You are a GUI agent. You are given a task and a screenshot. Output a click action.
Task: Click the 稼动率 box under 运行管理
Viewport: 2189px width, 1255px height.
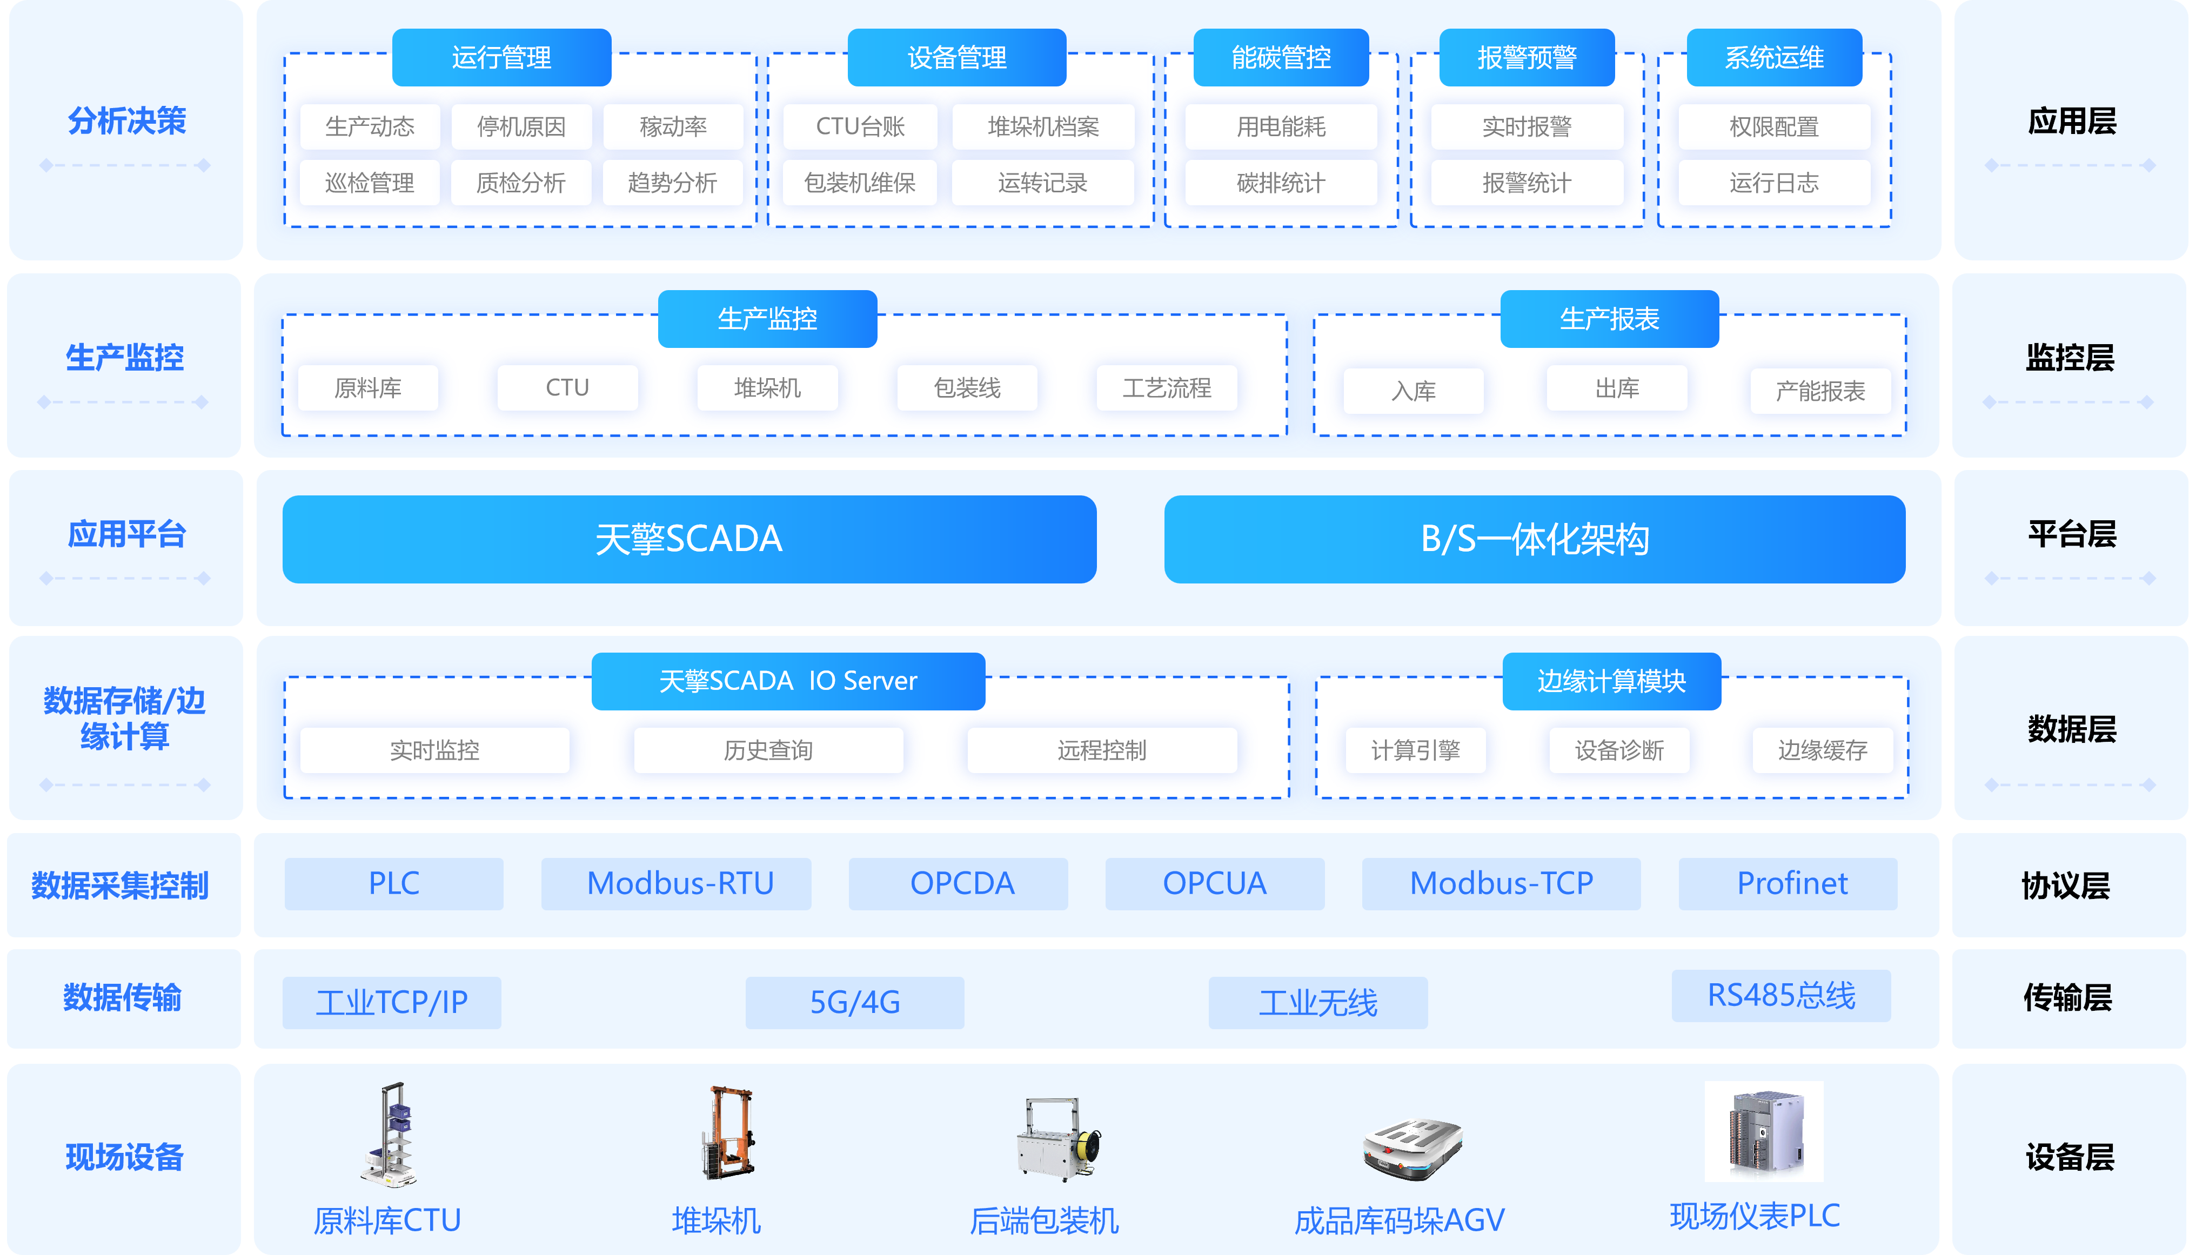[672, 127]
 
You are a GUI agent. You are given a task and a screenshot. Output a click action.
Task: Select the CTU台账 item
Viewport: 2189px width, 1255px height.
[860, 127]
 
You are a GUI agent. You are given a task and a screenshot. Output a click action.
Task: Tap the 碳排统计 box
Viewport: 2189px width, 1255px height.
[1280, 183]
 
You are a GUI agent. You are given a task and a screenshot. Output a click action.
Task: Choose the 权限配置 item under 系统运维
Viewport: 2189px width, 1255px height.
[1773, 127]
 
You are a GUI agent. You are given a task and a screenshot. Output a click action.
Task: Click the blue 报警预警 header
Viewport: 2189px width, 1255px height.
[1527, 57]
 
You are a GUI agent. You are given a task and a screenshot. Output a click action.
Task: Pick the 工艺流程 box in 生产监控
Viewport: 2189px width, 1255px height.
[1167, 388]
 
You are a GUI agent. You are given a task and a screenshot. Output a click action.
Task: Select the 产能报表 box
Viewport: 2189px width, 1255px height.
[1820, 391]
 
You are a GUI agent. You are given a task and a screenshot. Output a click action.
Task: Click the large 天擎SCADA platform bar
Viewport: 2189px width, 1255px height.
[689, 539]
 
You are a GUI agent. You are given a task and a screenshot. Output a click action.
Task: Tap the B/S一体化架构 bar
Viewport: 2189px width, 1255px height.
[1535, 539]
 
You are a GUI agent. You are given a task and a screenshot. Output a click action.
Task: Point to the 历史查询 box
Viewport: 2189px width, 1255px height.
[768, 750]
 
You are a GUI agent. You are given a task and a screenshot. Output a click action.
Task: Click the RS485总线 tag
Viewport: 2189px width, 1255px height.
[1781, 996]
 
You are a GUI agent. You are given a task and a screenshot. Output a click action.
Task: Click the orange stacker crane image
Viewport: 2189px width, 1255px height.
[728, 1132]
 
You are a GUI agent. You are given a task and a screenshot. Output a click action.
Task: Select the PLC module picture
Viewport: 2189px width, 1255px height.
[1764, 1131]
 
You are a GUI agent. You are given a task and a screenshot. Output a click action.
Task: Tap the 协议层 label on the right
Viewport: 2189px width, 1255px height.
[2066, 885]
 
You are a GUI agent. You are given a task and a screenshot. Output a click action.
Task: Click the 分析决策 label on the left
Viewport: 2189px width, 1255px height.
[127, 120]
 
